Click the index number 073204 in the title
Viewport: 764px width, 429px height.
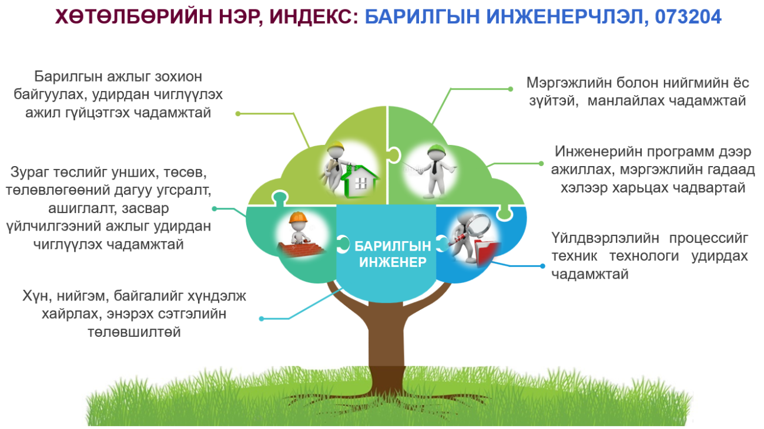(x=688, y=16)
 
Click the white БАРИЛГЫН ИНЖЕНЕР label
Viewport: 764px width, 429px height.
(x=393, y=254)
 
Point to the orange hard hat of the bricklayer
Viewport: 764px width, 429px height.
(x=298, y=217)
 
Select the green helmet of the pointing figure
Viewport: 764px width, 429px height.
(x=437, y=150)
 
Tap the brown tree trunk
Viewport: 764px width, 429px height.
(x=387, y=340)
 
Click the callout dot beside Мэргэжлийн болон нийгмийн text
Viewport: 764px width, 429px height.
(x=510, y=89)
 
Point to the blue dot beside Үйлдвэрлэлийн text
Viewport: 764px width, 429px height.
(x=542, y=266)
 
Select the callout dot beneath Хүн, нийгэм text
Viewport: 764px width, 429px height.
(x=262, y=319)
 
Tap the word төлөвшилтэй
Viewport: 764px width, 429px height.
(x=134, y=332)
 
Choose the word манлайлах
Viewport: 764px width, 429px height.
(x=625, y=101)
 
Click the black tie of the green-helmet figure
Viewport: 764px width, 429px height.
(x=434, y=167)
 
